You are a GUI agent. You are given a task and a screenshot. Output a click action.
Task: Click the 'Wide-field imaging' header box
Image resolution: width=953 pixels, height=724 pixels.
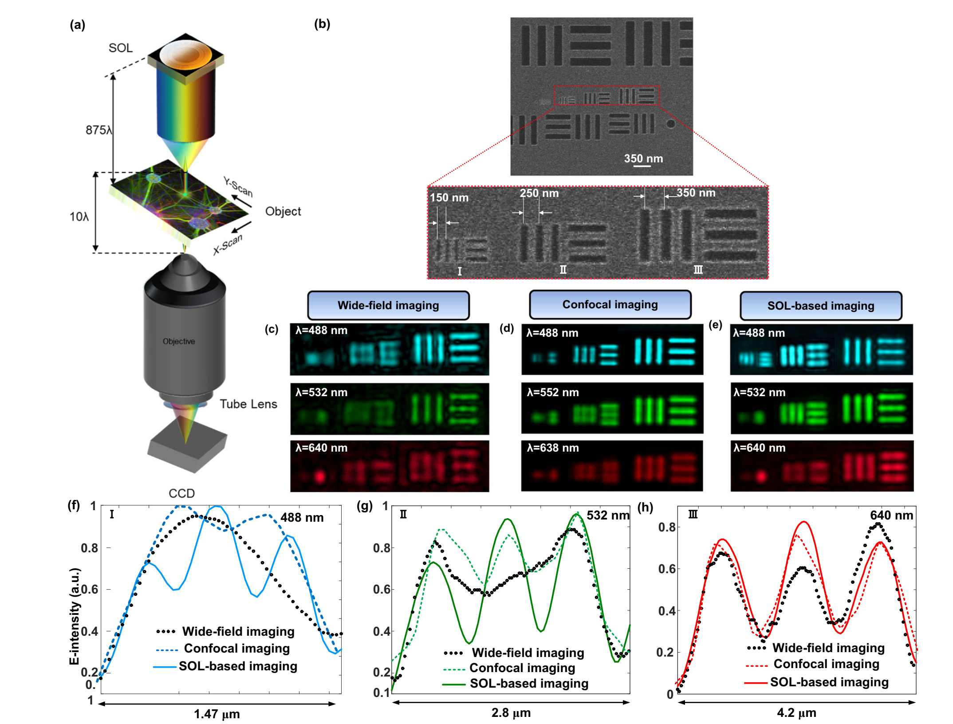click(388, 305)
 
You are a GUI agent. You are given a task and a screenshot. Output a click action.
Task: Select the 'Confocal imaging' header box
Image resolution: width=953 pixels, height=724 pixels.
click(610, 304)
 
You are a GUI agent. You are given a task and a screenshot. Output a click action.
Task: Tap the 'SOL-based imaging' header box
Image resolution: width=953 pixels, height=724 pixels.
click(821, 306)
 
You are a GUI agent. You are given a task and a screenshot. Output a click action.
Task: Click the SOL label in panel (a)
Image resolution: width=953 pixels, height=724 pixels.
click(121, 48)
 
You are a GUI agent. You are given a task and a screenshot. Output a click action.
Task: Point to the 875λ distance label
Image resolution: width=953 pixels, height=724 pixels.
click(98, 130)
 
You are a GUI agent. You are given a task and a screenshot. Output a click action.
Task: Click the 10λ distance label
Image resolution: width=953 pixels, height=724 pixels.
click(79, 216)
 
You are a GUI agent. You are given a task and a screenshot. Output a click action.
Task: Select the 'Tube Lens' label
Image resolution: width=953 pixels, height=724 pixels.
click(248, 404)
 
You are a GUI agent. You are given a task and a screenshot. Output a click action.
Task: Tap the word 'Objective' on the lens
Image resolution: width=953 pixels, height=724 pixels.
click(179, 341)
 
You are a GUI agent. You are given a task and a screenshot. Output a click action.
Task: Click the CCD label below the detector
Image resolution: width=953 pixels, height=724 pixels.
click(181, 493)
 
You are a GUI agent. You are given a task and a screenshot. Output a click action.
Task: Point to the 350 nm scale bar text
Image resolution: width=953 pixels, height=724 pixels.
click(643, 158)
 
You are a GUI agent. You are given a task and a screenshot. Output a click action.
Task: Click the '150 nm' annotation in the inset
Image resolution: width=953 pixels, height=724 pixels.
click(449, 197)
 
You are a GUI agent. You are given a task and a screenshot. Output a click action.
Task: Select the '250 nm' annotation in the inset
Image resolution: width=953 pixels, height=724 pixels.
click(539, 193)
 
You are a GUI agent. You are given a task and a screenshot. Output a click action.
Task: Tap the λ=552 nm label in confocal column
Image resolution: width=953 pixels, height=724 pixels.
click(553, 392)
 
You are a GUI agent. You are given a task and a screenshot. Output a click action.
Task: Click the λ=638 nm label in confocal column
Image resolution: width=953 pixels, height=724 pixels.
click(553, 448)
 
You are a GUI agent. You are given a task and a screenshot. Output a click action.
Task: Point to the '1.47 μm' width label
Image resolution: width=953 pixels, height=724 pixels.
click(217, 714)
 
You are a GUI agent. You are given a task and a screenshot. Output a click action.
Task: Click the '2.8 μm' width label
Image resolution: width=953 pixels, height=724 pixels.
click(511, 712)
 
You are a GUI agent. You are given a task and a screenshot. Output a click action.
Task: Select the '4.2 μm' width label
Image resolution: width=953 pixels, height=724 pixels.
click(796, 712)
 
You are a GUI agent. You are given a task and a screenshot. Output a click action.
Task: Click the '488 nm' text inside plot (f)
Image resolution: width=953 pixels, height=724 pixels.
click(302, 517)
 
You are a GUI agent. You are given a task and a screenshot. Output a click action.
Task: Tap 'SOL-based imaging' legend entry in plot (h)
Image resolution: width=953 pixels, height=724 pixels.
click(829, 682)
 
